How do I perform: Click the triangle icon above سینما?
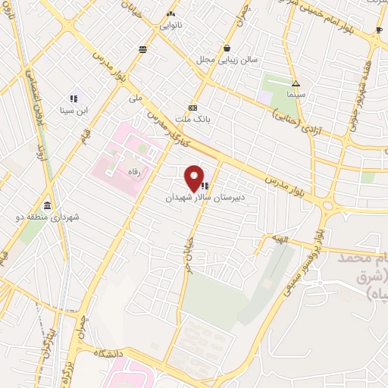pos(296,84)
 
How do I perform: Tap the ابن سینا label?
pos(74,110)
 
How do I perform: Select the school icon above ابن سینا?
pos(74,99)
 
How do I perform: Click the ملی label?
pos(136,98)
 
